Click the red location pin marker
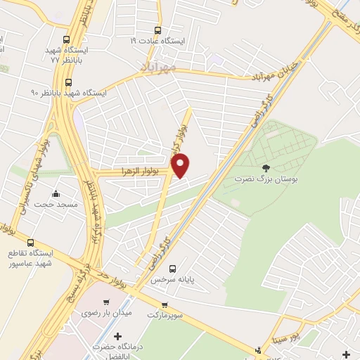(x=181, y=165)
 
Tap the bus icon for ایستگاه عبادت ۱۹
(x=157, y=30)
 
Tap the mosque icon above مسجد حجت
(x=56, y=195)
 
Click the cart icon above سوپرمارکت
(x=164, y=306)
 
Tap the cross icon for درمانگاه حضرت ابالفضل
(x=117, y=337)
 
